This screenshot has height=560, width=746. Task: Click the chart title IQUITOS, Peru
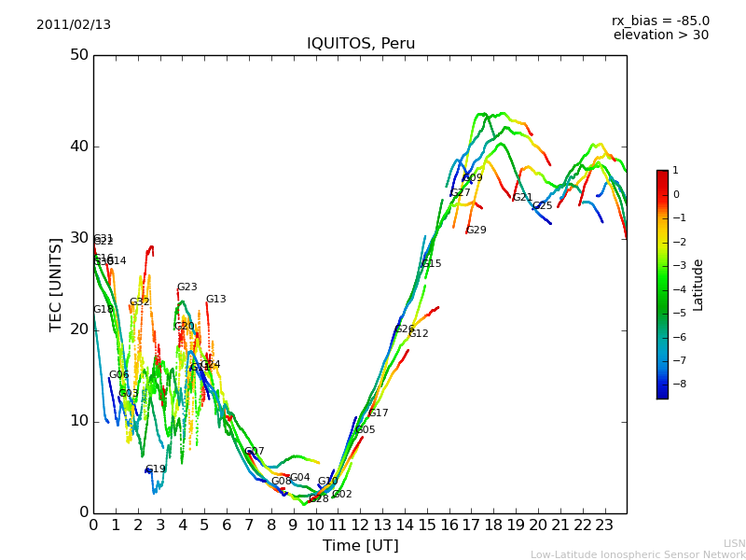pyautogui.click(x=361, y=44)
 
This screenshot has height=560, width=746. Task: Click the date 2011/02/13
pyautogui.click(x=74, y=25)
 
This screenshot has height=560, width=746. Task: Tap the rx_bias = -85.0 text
pyautogui.click(x=660, y=21)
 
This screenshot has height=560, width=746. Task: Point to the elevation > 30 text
pyautogui.click(x=660, y=35)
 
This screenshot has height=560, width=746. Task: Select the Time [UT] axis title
pyautogui.click(x=360, y=546)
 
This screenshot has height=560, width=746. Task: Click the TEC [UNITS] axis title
pyautogui.click(x=56, y=284)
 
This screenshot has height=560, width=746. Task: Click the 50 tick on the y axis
pyautogui.click(x=79, y=55)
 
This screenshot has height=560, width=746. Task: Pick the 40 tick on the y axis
pyautogui.click(x=79, y=147)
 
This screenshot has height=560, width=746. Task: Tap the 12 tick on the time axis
pyautogui.click(x=360, y=525)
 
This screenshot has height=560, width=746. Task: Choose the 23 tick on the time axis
pyautogui.click(x=604, y=525)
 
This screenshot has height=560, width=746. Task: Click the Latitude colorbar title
pyautogui.click(x=698, y=285)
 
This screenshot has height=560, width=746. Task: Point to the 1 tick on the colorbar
pyautogui.click(x=675, y=171)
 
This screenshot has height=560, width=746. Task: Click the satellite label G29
pyautogui.click(x=476, y=231)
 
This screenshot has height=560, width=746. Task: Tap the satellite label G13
pyautogui.click(x=215, y=300)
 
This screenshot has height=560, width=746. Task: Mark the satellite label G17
pyautogui.click(x=378, y=413)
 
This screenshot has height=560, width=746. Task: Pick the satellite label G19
pyautogui.click(x=155, y=469)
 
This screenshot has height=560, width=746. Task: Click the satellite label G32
pyautogui.click(x=139, y=302)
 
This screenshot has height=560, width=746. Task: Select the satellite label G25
pyautogui.click(x=542, y=206)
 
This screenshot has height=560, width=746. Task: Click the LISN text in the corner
pyautogui.click(x=734, y=543)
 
